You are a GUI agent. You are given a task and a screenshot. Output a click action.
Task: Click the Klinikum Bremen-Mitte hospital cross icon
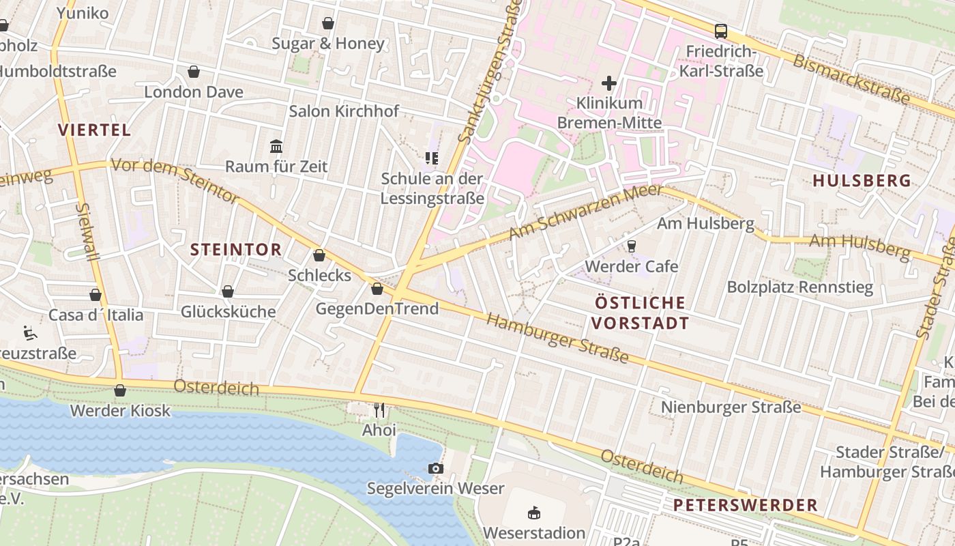608,83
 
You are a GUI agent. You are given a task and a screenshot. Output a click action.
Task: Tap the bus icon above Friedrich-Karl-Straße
720,31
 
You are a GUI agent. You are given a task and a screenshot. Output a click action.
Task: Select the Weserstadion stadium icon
534,513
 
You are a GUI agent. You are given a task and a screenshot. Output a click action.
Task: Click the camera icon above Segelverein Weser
435,468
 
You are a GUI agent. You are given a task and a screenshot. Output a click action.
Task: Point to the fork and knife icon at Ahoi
379,410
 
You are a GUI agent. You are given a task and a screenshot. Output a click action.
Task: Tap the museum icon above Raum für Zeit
276,146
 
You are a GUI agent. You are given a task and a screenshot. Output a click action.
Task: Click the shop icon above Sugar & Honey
328,23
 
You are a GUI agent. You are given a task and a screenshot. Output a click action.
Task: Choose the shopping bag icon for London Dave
194,72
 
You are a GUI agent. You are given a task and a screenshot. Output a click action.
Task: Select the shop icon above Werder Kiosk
120,390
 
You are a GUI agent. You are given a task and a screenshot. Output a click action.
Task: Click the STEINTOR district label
236,250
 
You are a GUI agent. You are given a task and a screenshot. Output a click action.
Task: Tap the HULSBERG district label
862,180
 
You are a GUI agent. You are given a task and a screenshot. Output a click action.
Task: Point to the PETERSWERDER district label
745,505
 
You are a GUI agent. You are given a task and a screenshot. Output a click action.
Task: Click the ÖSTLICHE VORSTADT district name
640,312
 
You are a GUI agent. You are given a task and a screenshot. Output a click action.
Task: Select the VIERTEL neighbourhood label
94,130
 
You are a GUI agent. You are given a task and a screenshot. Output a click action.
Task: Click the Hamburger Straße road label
557,339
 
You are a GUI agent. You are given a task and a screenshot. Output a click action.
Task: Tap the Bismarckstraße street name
851,79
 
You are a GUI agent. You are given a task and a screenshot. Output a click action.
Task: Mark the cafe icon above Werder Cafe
631,246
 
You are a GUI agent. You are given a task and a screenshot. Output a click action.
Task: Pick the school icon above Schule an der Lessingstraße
432,158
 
